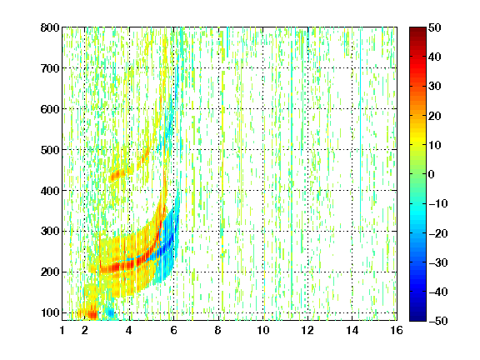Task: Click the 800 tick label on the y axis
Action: point(50,27)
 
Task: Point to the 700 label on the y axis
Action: point(50,68)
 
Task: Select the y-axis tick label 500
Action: point(50,150)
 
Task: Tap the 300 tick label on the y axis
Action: point(50,232)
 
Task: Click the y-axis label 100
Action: point(50,312)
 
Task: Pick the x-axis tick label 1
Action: point(62,330)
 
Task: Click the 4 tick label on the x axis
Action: point(129,330)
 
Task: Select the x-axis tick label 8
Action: point(218,330)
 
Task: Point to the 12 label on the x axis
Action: point(307,330)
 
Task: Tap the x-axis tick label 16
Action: point(397,330)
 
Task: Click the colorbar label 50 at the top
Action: point(435,27)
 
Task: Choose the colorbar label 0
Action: point(432,174)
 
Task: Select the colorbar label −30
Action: point(438,262)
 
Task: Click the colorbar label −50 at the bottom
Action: point(438,321)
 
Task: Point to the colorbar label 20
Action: point(435,116)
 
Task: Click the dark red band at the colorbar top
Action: point(417,33)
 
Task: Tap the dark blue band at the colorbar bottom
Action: point(417,315)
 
